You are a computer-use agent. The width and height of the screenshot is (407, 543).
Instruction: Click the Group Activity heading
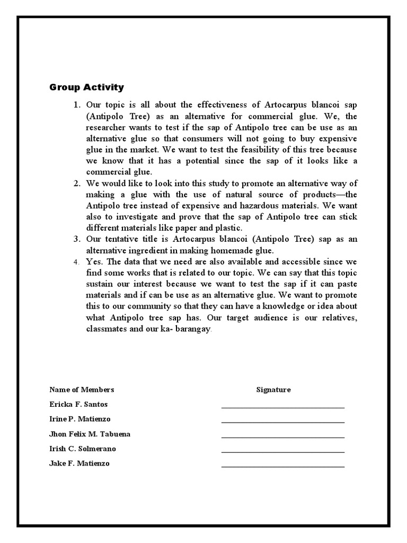tap(86, 87)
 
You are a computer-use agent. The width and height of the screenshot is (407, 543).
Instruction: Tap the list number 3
tap(76, 239)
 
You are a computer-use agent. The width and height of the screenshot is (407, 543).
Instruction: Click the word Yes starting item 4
tap(93, 261)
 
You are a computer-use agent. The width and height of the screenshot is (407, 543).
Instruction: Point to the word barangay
tap(193, 329)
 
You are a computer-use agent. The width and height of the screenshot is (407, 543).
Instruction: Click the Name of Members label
tap(82, 390)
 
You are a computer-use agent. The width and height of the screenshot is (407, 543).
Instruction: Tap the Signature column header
tap(273, 390)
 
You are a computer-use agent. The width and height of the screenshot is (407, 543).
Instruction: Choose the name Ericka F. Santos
tap(78, 405)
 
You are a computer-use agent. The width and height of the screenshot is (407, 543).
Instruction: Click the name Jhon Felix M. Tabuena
tap(90, 434)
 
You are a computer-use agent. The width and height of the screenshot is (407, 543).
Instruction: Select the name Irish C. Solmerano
tap(83, 449)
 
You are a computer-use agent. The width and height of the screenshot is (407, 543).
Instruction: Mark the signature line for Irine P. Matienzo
tap(283, 422)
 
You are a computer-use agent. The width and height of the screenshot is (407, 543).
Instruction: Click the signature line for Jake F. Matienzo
tap(283, 466)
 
